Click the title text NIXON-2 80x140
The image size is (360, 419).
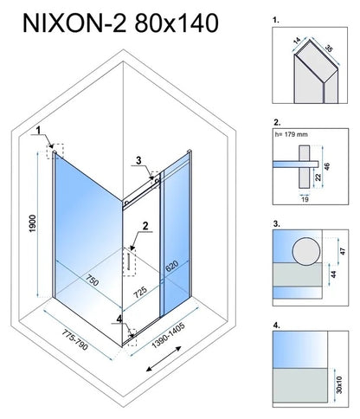(x=120, y=23)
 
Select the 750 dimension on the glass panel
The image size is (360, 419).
(x=93, y=279)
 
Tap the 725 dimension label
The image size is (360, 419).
(x=140, y=292)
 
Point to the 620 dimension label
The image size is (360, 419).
(x=172, y=266)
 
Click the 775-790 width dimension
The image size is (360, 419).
(x=74, y=340)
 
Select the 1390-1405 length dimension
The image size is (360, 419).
(x=168, y=335)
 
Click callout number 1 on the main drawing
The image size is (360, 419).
(x=38, y=131)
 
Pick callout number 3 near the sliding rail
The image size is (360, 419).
(x=138, y=160)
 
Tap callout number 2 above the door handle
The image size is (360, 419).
(x=145, y=226)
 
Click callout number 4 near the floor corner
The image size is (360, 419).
(x=119, y=319)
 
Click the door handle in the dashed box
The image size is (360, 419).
(x=128, y=261)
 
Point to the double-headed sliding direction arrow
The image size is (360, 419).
(x=164, y=358)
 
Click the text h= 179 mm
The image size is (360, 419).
(x=292, y=134)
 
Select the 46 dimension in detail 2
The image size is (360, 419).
(x=327, y=166)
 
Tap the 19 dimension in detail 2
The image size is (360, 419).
(x=305, y=199)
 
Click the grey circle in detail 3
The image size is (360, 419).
(x=306, y=251)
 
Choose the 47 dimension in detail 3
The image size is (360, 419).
(x=343, y=251)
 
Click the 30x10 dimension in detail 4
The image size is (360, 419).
(x=339, y=384)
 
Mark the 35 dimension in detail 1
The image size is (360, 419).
(x=329, y=48)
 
